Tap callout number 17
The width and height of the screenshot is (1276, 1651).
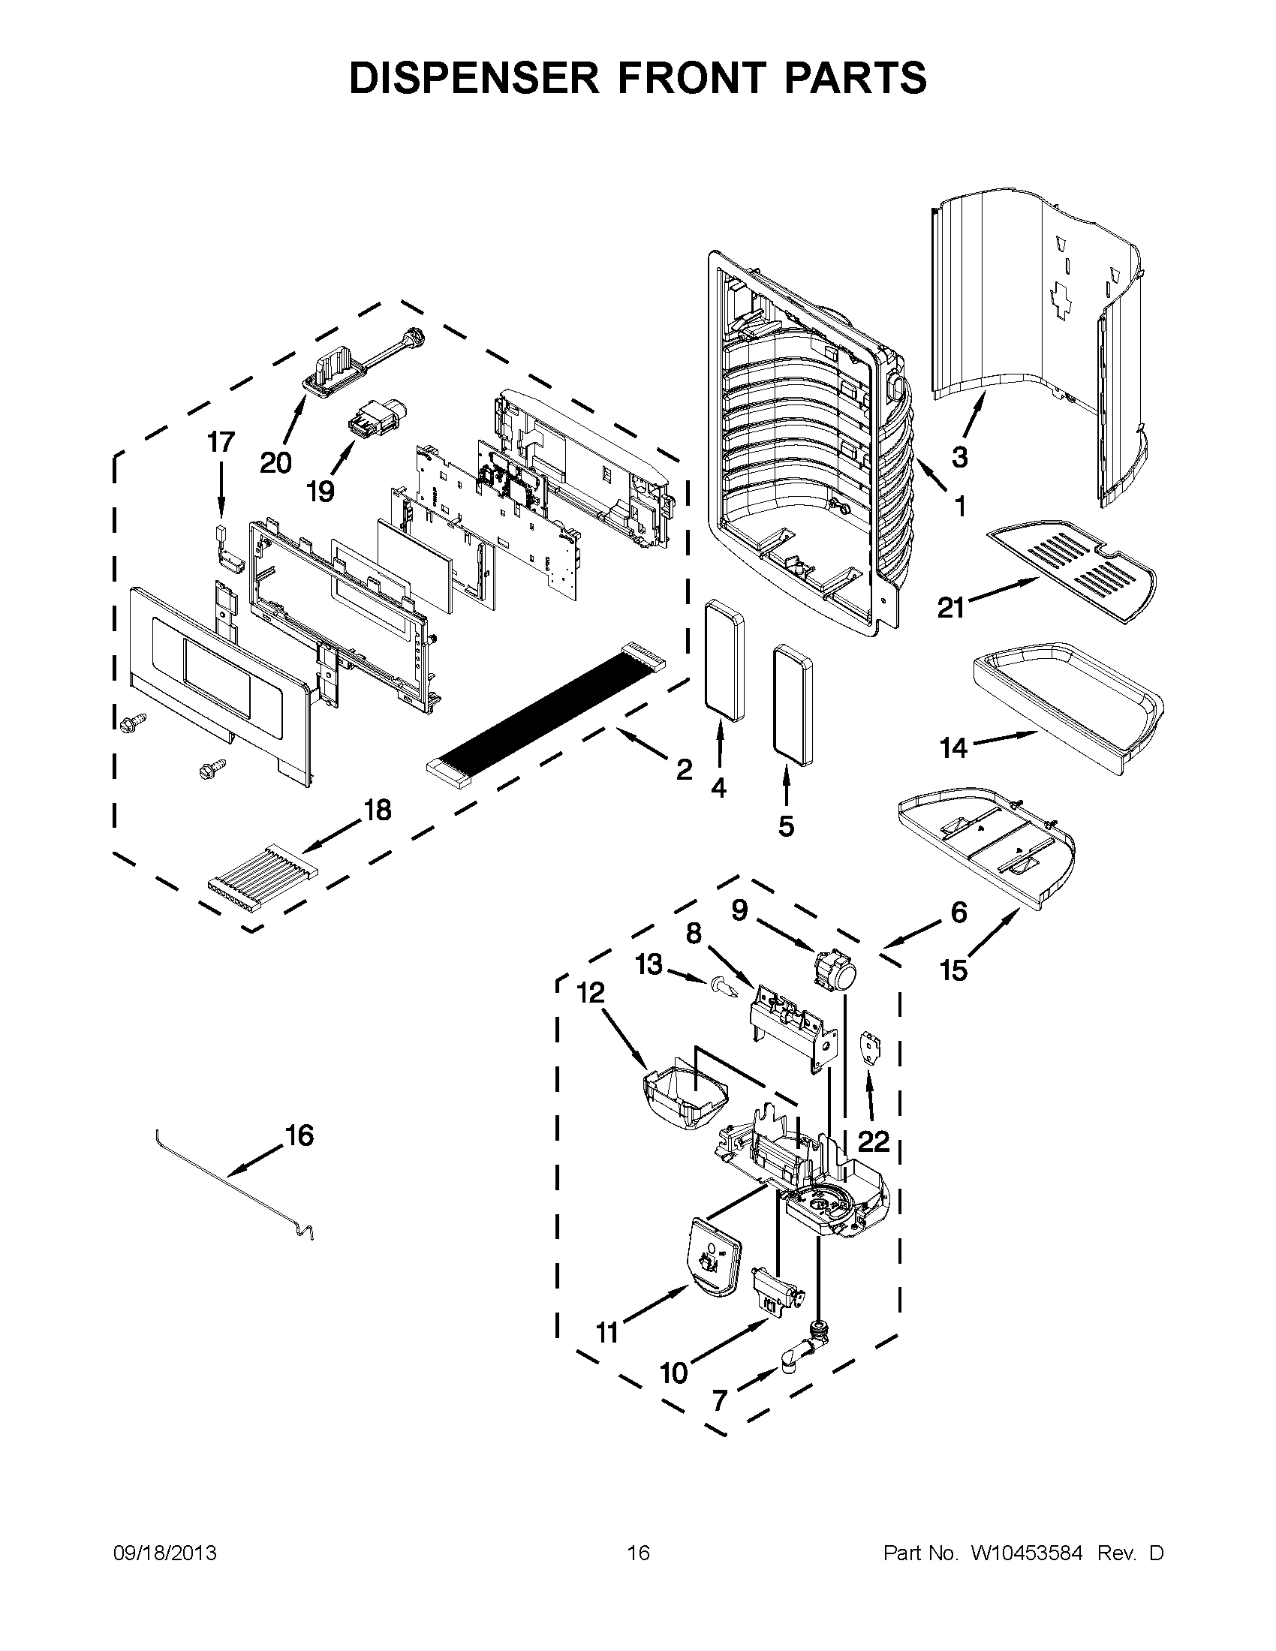coord(221,442)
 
